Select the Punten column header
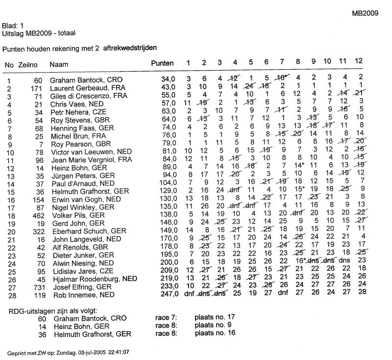[x=162, y=64]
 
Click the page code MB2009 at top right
[x=365, y=14]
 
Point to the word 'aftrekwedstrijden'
[x=130, y=49]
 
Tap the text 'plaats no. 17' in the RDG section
[x=216, y=319]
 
